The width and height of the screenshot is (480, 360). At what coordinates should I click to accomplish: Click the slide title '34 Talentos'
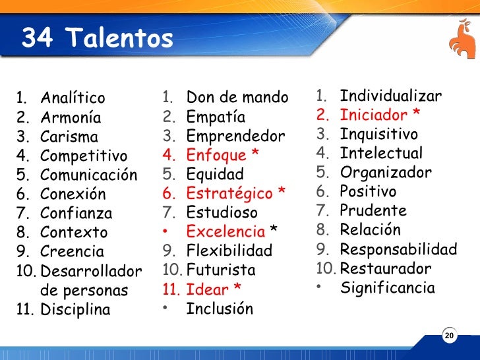pos(98,39)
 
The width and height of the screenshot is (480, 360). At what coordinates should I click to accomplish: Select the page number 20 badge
pos(449,336)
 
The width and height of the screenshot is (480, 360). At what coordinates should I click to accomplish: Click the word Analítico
pos(73,99)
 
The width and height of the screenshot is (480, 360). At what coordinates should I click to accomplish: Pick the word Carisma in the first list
pos(69,137)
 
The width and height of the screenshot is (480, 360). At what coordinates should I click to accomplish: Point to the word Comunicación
pos(88,175)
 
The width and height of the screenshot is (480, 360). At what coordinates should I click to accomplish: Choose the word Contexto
pos(73,233)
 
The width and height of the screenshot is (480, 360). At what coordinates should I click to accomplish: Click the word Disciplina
pos(75,309)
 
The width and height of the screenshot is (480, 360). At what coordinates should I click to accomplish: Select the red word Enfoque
pos(216,156)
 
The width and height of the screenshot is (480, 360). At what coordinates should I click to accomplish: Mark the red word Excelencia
pos(225,232)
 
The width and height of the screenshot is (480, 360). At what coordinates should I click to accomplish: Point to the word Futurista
pos(220,270)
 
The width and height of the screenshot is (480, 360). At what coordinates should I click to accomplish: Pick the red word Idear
pos(207,289)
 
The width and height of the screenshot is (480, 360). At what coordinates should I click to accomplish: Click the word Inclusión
pos(220,309)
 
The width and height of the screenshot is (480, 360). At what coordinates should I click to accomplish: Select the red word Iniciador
pos(374,115)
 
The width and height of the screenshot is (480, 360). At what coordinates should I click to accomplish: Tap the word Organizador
pos(386,173)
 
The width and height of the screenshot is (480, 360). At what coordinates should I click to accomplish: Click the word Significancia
pos(388,288)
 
